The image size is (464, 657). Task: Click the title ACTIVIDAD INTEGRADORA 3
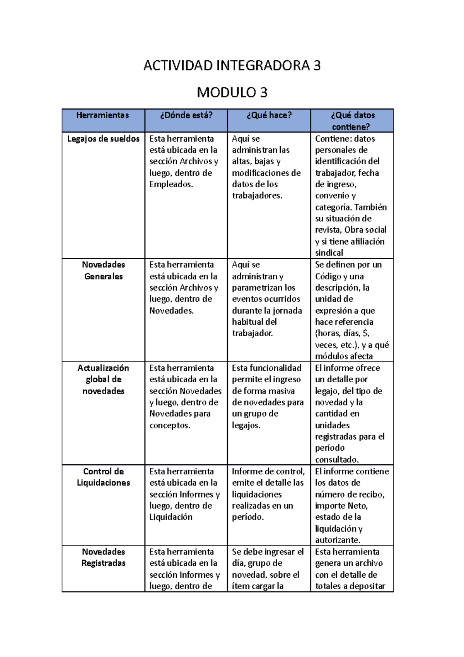232,66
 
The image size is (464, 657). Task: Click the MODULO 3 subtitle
232,93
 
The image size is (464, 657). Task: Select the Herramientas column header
103,115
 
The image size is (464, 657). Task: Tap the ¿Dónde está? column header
186,115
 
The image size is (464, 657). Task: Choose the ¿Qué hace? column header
269,115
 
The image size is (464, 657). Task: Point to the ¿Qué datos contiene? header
352,121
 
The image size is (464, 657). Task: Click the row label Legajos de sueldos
103,139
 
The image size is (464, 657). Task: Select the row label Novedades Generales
103,270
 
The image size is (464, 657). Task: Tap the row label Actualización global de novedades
103,379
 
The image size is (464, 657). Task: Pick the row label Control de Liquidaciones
103,477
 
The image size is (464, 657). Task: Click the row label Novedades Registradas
103,557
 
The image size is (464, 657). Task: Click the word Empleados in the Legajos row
171,185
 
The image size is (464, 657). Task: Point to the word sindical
329,253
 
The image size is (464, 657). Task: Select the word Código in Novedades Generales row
328,277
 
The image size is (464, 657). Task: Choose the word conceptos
169,426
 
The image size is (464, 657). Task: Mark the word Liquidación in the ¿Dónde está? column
171,517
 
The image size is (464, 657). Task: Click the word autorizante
337,540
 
